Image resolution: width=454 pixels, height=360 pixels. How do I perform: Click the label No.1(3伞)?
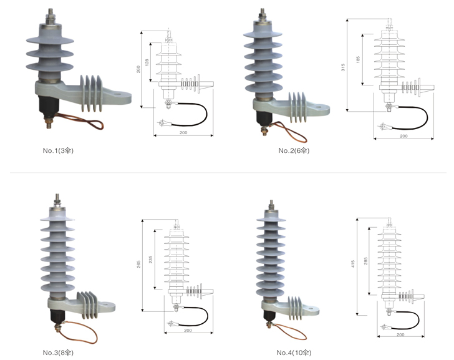click(x=58, y=150)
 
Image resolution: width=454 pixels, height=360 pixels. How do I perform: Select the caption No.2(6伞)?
click(x=294, y=150)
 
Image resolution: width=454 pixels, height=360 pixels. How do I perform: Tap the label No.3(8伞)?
click(x=59, y=353)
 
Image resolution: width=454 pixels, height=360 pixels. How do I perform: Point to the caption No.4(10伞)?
click(x=294, y=353)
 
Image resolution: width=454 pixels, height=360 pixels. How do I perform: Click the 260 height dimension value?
click(x=138, y=69)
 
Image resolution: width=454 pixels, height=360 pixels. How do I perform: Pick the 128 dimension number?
click(x=148, y=55)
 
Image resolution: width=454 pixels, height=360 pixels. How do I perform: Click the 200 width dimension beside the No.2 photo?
click(x=403, y=136)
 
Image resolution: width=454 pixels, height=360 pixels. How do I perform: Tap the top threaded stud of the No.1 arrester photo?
click(x=49, y=14)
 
